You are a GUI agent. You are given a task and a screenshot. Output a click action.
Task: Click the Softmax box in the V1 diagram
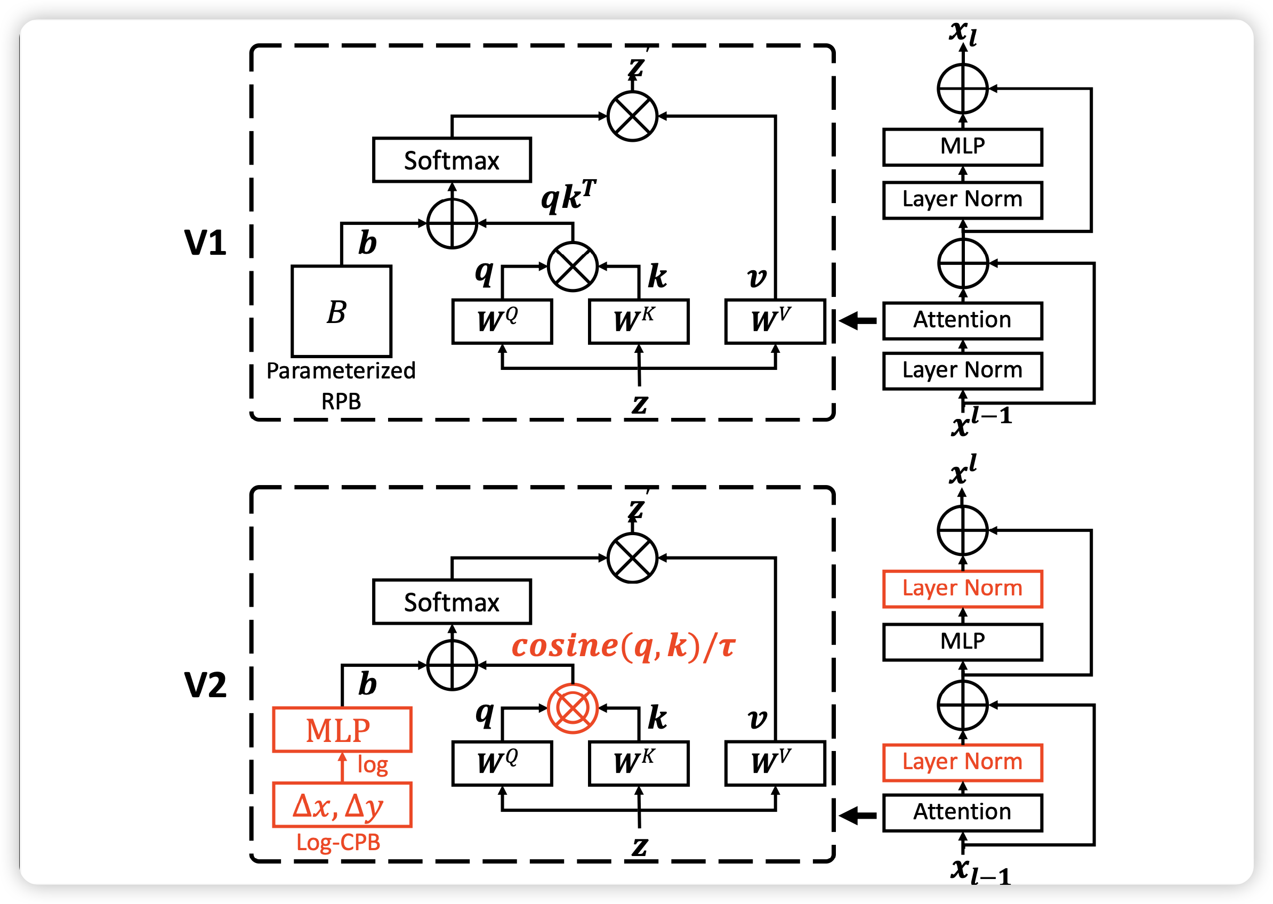(x=452, y=160)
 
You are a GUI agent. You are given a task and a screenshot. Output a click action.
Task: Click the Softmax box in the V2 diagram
(x=452, y=602)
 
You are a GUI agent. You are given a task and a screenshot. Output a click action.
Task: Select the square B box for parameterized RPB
(x=341, y=311)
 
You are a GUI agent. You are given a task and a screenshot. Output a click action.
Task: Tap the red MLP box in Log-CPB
(x=342, y=730)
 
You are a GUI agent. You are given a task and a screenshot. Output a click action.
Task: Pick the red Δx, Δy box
(x=342, y=805)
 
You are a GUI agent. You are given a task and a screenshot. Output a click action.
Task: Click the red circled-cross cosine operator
(x=572, y=708)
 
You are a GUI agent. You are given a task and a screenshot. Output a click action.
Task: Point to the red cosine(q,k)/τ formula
(x=623, y=646)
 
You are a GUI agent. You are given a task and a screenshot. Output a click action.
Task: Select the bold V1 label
(x=205, y=243)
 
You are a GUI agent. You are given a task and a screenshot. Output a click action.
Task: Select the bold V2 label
(x=205, y=685)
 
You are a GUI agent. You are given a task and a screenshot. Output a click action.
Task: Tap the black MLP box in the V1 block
(x=962, y=147)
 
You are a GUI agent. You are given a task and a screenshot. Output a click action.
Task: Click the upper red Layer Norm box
(x=962, y=588)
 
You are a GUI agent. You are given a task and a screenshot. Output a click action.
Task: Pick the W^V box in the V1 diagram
(x=774, y=322)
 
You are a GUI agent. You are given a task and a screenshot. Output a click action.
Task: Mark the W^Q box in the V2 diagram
(x=502, y=763)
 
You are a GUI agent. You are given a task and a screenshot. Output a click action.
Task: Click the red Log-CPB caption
(x=338, y=842)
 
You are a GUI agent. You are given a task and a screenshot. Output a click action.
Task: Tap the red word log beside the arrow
(x=373, y=765)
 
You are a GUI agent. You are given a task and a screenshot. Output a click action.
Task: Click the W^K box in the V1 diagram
(x=638, y=322)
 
